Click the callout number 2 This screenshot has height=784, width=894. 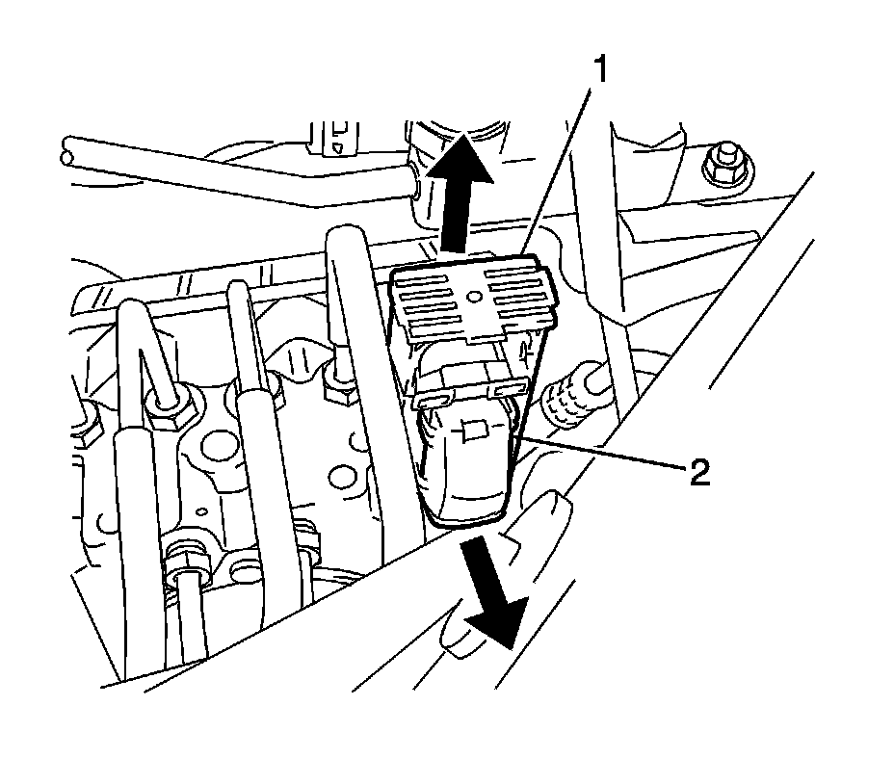click(699, 472)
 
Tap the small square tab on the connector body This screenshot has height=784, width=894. click(473, 431)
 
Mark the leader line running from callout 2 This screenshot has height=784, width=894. click(607, 456)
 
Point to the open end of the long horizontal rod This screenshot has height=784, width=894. click(66, 152)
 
